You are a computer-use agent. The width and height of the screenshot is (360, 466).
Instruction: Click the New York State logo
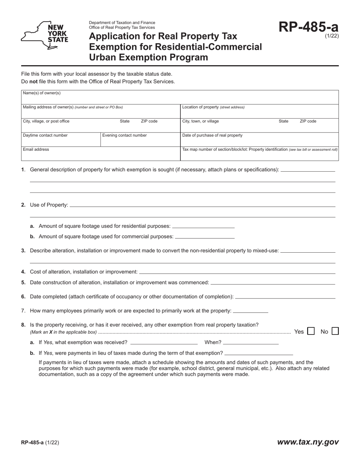(44, 35)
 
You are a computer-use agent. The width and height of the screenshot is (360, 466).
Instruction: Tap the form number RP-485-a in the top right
(308, 27)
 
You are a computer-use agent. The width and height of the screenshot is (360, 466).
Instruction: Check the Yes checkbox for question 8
(311, 331)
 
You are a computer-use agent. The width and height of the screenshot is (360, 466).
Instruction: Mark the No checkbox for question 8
(335, 331)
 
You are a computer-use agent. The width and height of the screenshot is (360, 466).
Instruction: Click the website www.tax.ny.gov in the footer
(308, 442)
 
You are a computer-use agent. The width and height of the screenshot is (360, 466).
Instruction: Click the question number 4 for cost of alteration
(23, 272)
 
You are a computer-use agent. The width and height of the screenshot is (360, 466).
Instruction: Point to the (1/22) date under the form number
(332, 36)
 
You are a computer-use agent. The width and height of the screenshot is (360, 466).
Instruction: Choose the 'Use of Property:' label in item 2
(49, 205)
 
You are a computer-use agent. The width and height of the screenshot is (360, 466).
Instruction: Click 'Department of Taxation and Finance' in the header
(122, 23)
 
